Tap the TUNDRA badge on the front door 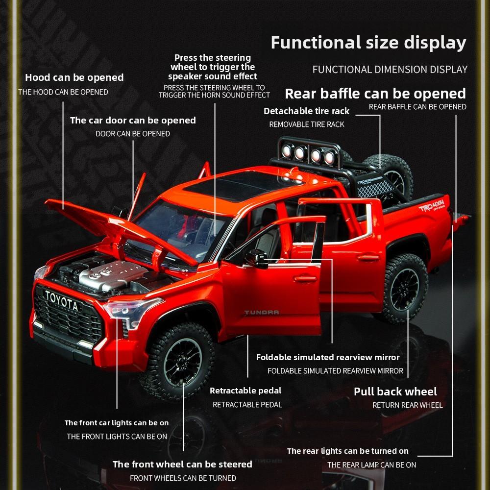pos(262,312)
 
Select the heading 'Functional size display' pos(368,43)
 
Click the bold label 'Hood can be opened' pos(74,77)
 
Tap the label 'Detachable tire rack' pos(307,111)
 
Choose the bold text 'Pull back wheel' pos(395,392)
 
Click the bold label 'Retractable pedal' pos(245,391)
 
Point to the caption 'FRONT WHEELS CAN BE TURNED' pos(183,478)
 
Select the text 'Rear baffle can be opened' pos(375,93)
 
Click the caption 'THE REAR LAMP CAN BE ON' pos(371,465)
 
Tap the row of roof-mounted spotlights pos(308,154)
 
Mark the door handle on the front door pos(305,279)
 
